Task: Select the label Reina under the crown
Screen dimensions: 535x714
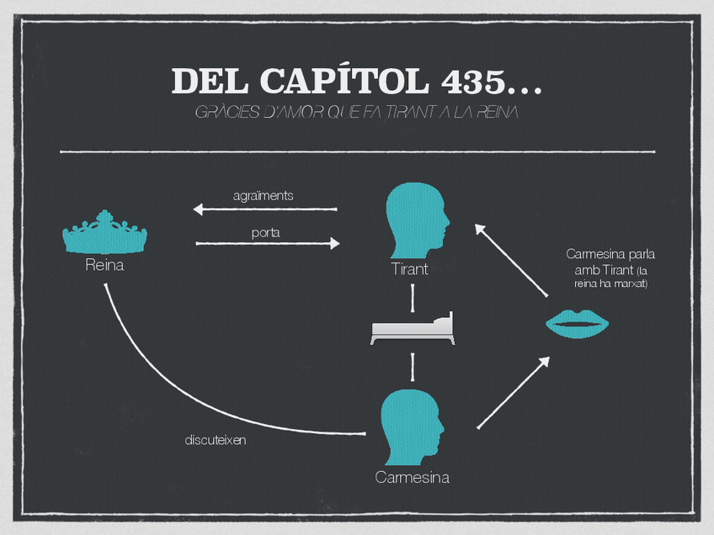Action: [104, 266]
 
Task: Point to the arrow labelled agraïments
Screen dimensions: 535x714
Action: [264, 209]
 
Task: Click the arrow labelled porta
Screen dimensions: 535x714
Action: [267, 244]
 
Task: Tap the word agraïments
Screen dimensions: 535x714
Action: [263, 195]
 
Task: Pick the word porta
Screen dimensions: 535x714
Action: [266, 231]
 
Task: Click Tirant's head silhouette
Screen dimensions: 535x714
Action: [416, 220]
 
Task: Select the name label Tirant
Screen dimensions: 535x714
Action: [410, 269]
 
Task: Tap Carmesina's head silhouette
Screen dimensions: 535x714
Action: [411, 426]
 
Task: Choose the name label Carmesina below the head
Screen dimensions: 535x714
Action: [412, 478]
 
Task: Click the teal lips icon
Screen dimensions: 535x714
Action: [578, 324]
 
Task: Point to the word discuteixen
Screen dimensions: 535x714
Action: [216, 440]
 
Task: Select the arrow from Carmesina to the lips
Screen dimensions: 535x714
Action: [513, 393]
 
